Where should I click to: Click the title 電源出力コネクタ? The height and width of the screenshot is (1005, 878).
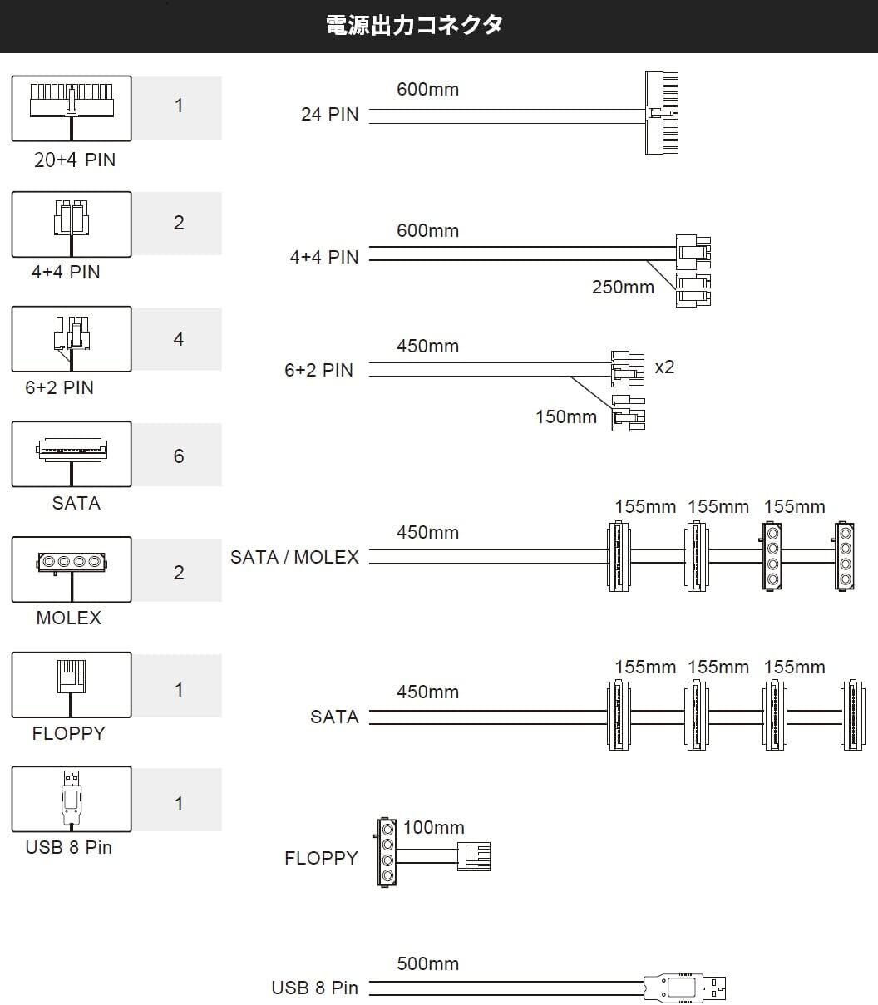tap(415, 25)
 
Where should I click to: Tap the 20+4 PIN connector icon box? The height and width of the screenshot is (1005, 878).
tap(72, 108)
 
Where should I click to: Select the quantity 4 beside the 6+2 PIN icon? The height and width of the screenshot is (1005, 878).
tap(179, 339)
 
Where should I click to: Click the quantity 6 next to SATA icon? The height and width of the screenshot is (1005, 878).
tap(179, 456)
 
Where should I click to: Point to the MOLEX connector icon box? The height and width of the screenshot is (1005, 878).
tap(72, 569)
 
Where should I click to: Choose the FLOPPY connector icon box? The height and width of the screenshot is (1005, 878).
tap(72, 684)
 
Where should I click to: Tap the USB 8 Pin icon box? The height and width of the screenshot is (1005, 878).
tap(72, 799)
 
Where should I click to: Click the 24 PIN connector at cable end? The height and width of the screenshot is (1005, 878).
tap(662, 112)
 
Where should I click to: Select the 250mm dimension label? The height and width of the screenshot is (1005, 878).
tap(623, 288)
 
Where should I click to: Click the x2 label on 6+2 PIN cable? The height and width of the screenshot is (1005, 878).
tap(664, 367)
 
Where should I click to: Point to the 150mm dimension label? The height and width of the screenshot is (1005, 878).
tap(566, 416)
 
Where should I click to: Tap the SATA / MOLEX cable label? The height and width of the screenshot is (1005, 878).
tap(294, 557)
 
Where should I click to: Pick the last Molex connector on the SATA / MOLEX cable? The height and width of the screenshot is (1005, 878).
tap(844, 557)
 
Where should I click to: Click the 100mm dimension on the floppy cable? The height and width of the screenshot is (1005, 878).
tap(433, 828)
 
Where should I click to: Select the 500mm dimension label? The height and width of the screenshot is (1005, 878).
tap(427, 964)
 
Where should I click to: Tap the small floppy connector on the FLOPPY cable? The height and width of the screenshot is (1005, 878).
tap(473, 856)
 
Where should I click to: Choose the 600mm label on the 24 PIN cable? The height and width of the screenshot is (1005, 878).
tap(427, 89)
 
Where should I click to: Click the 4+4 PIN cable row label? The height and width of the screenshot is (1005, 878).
tap(323, 257)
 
